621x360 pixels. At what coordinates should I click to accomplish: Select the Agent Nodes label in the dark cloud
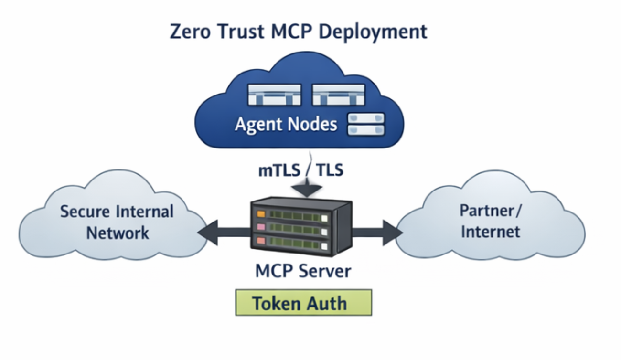(x=286, y=125)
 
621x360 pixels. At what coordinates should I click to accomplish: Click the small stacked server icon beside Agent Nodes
(x=366, y=124)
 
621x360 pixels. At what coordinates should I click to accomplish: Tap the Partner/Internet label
(x=491, y=221)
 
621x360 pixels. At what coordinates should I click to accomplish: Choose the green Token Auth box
(x=303, y=302)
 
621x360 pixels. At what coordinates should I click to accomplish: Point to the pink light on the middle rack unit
(x=260, y=227)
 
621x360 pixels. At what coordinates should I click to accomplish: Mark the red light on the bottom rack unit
(x=260, y=240)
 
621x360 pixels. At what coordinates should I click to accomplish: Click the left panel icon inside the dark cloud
(x=274, y=95)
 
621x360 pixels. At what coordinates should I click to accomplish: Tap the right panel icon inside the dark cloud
(x=338, y=95)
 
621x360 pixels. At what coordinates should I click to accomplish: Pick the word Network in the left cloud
(x=118, y=233)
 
